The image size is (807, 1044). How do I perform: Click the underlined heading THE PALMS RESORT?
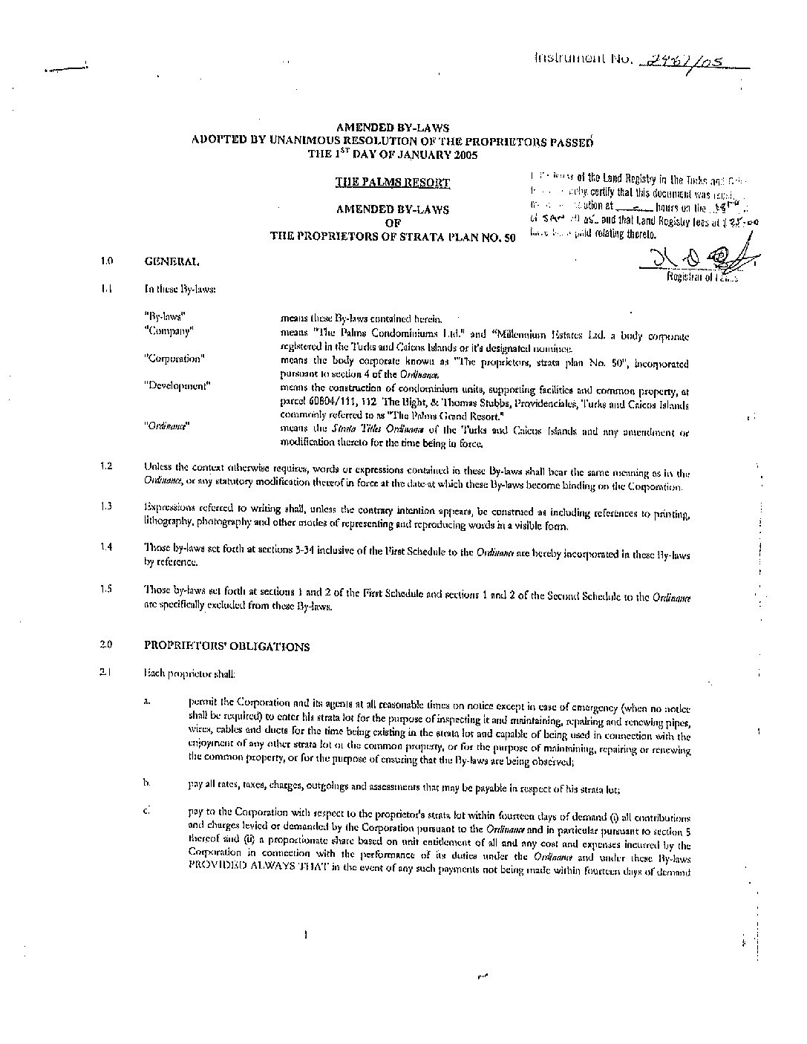pos(392,182)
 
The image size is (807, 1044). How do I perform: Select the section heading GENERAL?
pos(171,261)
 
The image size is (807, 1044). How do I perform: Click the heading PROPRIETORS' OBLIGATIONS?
pos(226,646)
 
